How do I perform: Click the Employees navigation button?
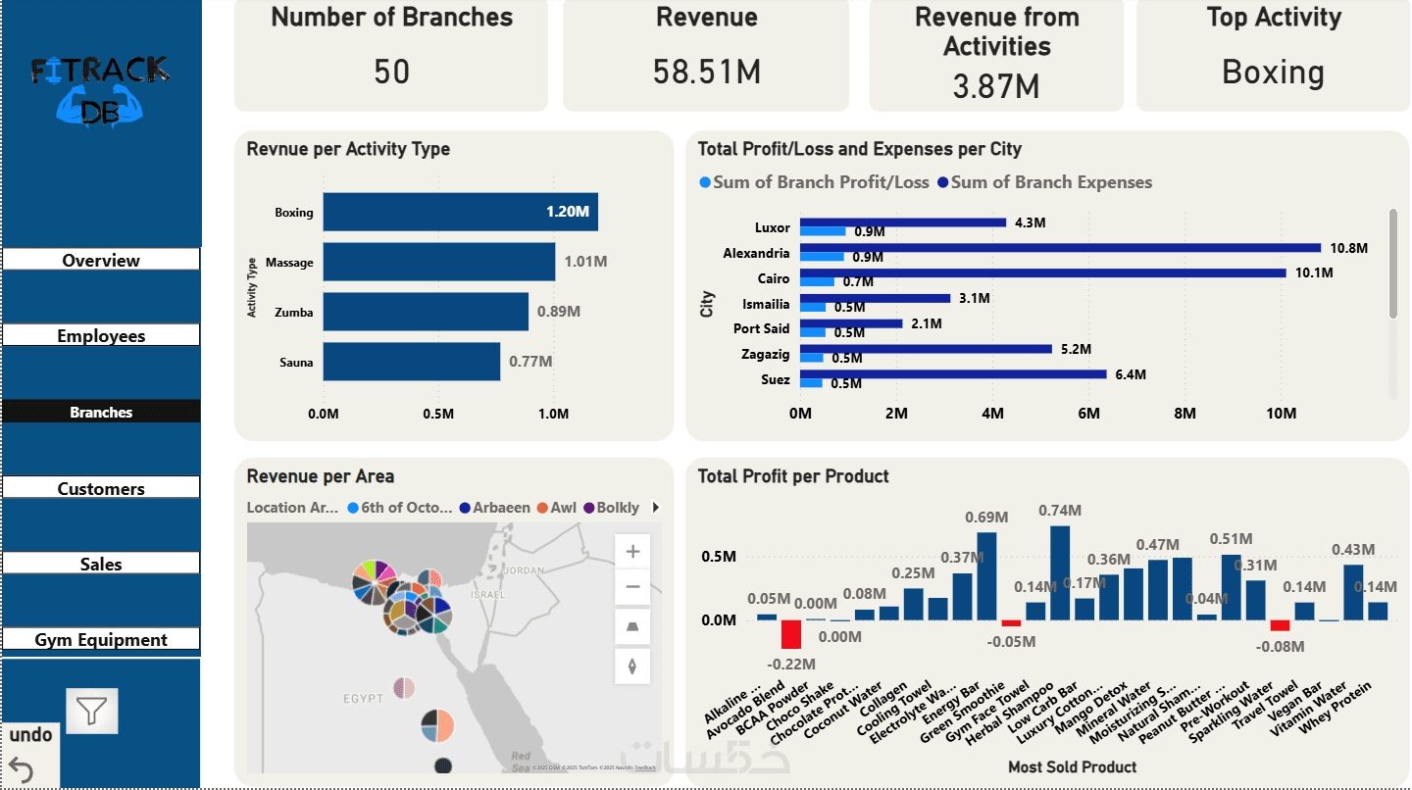[101, 336]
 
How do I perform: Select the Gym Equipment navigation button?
[101, 640]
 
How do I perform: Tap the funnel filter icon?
[92, 711]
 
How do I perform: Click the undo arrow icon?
[21, 769]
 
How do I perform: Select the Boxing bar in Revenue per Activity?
[460, 212]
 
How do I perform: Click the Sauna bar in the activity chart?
[411, 362]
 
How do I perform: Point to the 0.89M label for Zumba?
[559, 312]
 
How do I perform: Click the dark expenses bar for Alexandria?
[1060, 248]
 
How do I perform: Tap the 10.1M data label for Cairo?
[1314, 273]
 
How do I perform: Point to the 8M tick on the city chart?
[1185, 414]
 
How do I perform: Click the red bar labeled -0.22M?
[791, 634]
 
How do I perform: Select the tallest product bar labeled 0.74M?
[1060, 572]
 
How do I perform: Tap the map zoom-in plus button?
[632, 552]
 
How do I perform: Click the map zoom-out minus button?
[632, 587]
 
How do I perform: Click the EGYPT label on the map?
[363, 699]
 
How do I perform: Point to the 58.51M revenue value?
[707, 72]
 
